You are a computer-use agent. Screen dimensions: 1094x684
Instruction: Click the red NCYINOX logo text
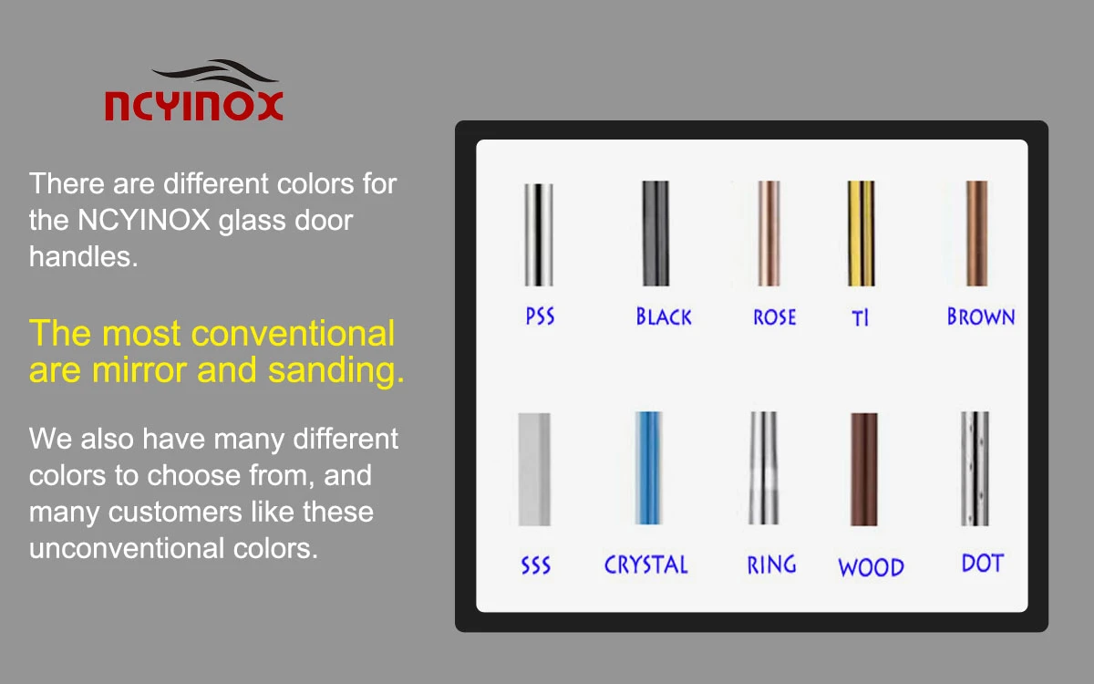coord(194,106)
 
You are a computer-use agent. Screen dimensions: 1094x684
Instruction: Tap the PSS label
coord(540,316)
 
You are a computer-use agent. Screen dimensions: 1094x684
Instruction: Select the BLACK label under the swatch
coord(664,316)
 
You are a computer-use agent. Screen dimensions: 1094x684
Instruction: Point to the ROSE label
coord(775,317)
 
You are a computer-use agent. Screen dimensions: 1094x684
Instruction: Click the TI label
coord(860,318)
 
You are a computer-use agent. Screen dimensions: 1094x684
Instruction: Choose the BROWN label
coord(981,316)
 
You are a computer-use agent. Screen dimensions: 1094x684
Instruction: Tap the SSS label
coord(536,565)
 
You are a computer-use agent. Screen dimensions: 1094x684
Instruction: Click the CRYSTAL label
coord(646,565)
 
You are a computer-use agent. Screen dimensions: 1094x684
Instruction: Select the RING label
coord(771,565)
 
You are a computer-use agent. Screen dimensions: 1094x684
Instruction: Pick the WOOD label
coord(872,567)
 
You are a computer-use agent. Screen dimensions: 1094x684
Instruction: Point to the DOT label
coord(983,563)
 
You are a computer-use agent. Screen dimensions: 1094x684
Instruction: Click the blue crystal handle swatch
coord(648,468)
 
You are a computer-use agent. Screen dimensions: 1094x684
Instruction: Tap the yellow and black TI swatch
coord(861,233)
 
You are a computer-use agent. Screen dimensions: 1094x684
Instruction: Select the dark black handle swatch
coord(655,233)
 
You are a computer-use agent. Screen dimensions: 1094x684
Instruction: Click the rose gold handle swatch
coord(769,233)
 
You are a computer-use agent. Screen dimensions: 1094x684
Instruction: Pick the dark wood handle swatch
coord(864,469)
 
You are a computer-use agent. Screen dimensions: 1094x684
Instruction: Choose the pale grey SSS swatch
coord(534,469)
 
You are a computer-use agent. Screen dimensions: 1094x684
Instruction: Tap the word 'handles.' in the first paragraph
coord(83,256)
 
